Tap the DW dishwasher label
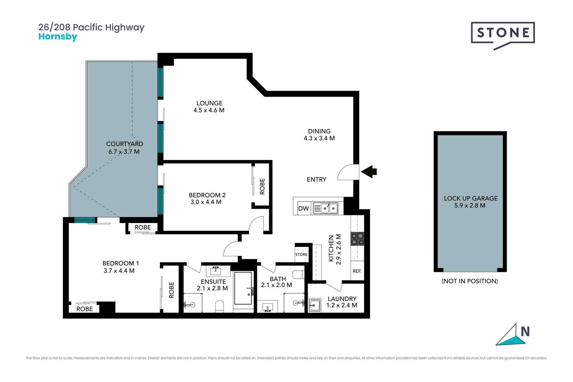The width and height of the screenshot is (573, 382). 304,208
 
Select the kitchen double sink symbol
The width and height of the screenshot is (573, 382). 325,208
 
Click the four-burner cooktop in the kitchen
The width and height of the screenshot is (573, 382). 357,239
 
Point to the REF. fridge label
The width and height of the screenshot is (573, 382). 357,271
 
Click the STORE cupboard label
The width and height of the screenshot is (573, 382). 301,255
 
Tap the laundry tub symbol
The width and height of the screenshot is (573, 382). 315,305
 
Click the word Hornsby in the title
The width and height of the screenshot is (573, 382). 58,37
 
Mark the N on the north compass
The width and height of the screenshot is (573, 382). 525,332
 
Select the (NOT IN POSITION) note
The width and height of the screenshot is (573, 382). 470,281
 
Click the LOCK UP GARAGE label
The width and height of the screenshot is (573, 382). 471,198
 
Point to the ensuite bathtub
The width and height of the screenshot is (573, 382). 243,288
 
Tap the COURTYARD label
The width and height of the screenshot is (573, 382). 125,144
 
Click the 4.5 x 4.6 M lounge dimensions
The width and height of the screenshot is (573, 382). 209,110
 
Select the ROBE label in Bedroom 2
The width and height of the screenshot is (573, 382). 262,187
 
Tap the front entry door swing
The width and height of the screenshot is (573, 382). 348,172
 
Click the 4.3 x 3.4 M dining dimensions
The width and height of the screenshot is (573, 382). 319,138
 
